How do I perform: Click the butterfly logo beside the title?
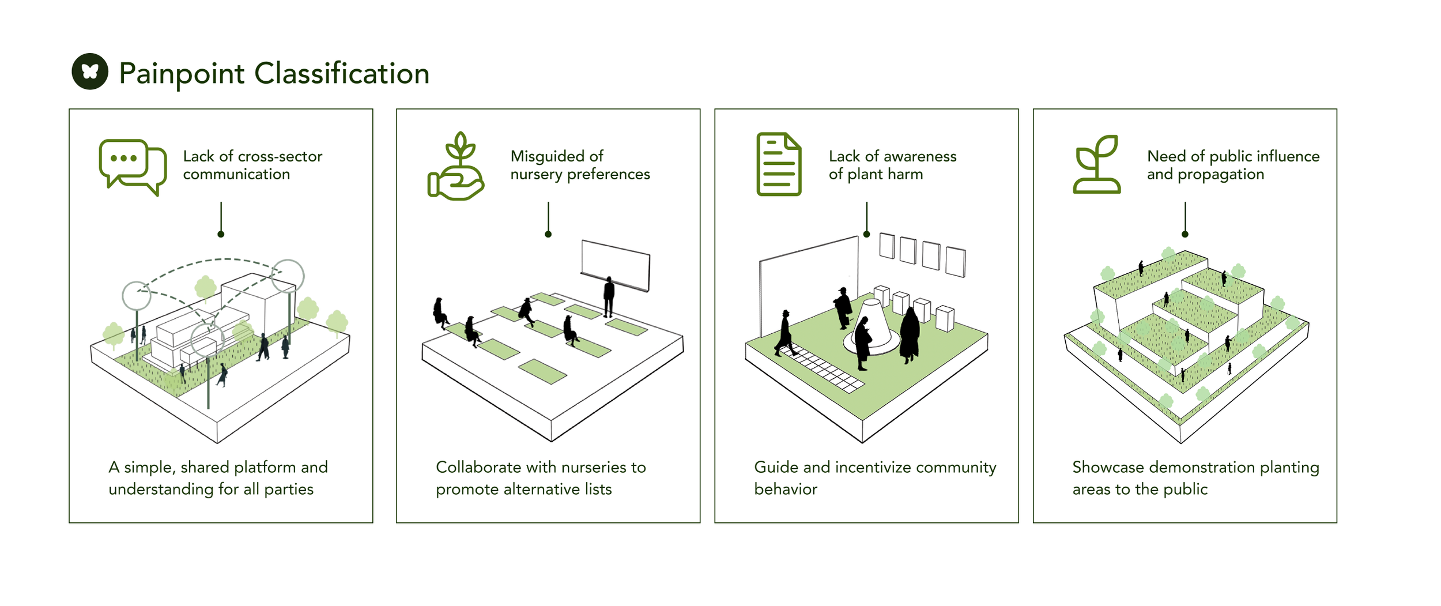pyautogui.click(x=90, y=71)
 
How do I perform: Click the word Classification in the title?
pyautogui.click(x=342, y=74)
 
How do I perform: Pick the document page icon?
pyautogui.click(x=779, y=164)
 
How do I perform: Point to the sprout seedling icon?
pyautogui.click(x=1097, y=164)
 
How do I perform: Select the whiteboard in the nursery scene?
pyautogui.click(x=616, y=265)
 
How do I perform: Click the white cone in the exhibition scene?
pyautogui.click(x=872, y=326)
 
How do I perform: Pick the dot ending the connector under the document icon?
pyautogui.click(x=866, y=234)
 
